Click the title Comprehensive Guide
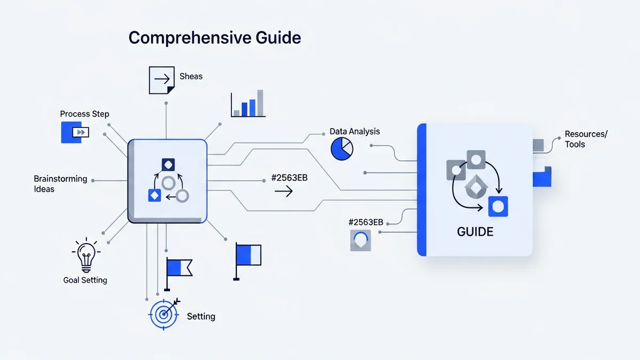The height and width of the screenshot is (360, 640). tap(215, 38)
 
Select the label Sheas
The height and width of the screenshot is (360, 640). tap(191, 76)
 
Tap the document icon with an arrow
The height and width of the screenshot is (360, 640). tap(162, 79)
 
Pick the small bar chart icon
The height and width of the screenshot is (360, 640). tap(248, 103)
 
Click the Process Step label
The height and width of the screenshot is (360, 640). tap(84, 114)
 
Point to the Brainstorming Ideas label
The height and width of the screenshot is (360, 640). tap(60, 183)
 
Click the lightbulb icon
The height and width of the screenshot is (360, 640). tap(85, 255)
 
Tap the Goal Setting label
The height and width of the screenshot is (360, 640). tap(85, 280)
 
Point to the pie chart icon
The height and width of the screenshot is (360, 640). tap(342, 149)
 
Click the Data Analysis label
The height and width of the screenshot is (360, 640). tap(355, 131)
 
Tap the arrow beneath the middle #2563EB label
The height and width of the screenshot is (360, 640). tap(283, 191)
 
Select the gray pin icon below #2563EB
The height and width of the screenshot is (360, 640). tap(361, 240)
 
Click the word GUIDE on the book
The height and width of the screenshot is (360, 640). tap(475, 232)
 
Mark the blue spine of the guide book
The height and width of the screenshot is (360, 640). tap(422, 189)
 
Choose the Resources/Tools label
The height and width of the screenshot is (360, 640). tap(586, 139)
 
